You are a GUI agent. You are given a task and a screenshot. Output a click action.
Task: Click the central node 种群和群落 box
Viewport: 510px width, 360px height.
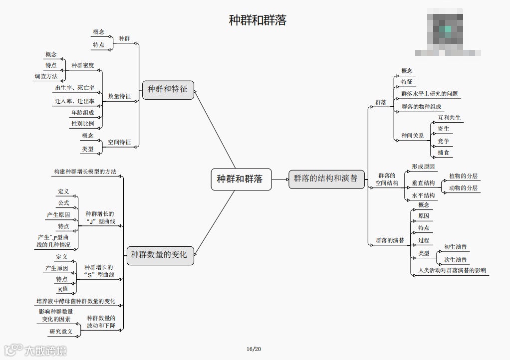pyautogui.click(x=242, y=179)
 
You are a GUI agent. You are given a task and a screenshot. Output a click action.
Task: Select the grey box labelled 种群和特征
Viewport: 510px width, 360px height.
pyautogui.click(x=168, y=89)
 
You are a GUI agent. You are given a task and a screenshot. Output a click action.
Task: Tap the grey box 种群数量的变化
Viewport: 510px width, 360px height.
pyautogui.click(x=159, y=255)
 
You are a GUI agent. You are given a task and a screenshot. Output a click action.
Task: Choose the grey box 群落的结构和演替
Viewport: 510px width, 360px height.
pyautogui.click(x=325, y=179)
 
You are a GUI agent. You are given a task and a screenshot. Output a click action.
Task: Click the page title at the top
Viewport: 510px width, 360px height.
pyautogui.click(x=257, y=20)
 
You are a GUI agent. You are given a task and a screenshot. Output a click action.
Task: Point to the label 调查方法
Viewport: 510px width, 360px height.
pyautogui.click(x=46, y=76)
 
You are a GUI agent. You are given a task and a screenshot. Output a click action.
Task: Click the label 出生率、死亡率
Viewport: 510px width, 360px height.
pyautogui.click(x=75, y=88)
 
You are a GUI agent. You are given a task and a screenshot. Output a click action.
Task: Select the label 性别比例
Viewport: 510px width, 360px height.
pyautogui.click(x=82, y=124)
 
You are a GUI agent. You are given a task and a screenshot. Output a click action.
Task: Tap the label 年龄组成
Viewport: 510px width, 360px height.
pyautogui.click(x=82, y=113)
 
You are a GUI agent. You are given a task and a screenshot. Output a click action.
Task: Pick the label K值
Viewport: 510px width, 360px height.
pyautogui.click(x=63, y=289)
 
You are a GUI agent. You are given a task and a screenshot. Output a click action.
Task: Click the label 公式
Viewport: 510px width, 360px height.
pyautogui.click(x=63, y=203)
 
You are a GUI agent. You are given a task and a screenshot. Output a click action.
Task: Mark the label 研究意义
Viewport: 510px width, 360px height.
pyautogui.click(x=61, y=332)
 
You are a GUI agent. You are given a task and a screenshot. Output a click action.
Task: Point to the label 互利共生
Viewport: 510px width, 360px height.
pyautogui.click(x=449, y=118)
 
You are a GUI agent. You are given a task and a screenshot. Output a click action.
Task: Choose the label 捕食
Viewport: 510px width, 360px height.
pyautogui.click(x=443, y=153)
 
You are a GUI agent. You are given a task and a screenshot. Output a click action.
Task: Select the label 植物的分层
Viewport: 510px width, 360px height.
pyautogui.click(x=463, y=176)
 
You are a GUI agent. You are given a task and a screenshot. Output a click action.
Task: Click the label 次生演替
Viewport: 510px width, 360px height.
pyautogui.click(x=455, y=260)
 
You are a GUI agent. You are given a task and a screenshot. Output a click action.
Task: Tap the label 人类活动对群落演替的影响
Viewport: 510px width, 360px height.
pyautogui.click(x=452, y=271)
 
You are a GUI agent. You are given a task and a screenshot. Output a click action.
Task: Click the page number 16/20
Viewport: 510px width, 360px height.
pyautogui.click(x=254, y=349)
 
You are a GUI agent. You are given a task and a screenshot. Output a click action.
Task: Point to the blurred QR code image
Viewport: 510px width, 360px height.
pyautogui.click(x=447, y=31)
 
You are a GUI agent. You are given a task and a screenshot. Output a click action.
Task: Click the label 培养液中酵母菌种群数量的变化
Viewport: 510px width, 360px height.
pyautogui.click(x=76, y=301)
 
